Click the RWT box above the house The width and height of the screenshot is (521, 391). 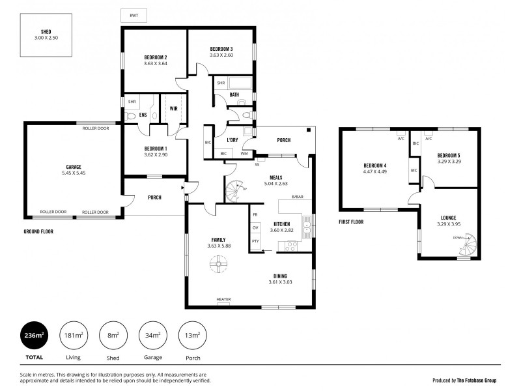(x=134, y=15)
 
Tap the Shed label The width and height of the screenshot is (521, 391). (x=46, y=31)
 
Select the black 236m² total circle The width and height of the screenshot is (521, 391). (x=34, y=335)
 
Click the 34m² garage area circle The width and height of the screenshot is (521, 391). (x=152, y=335)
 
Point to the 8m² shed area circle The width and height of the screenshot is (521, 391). (x=113, y=335)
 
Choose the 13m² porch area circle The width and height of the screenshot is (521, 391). (x=191, y=335)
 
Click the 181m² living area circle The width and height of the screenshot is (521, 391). (x=73, y=335)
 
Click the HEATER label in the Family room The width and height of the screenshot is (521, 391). (x=223, y=300)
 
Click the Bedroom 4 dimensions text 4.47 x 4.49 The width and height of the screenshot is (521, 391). (x=375, y=172)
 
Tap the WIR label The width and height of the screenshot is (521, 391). (x=174, y=108)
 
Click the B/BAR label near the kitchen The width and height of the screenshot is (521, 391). (x=298, y=197)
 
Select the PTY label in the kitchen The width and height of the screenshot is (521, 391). (x=255, y=241)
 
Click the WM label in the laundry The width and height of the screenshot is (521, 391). (x=244, y=153)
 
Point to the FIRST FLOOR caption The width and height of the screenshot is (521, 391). (x=351, y=222)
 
